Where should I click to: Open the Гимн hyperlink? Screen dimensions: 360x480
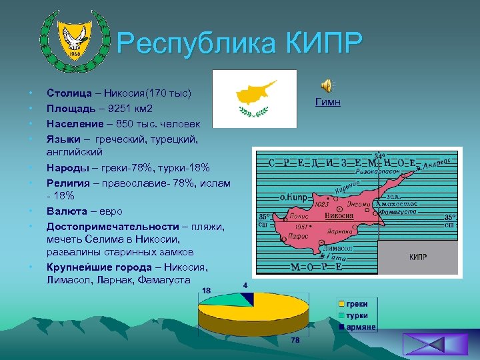point(327,101)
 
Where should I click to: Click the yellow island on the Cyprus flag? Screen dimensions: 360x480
point(251,93)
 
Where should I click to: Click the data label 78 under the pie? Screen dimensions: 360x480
point(295,341)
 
